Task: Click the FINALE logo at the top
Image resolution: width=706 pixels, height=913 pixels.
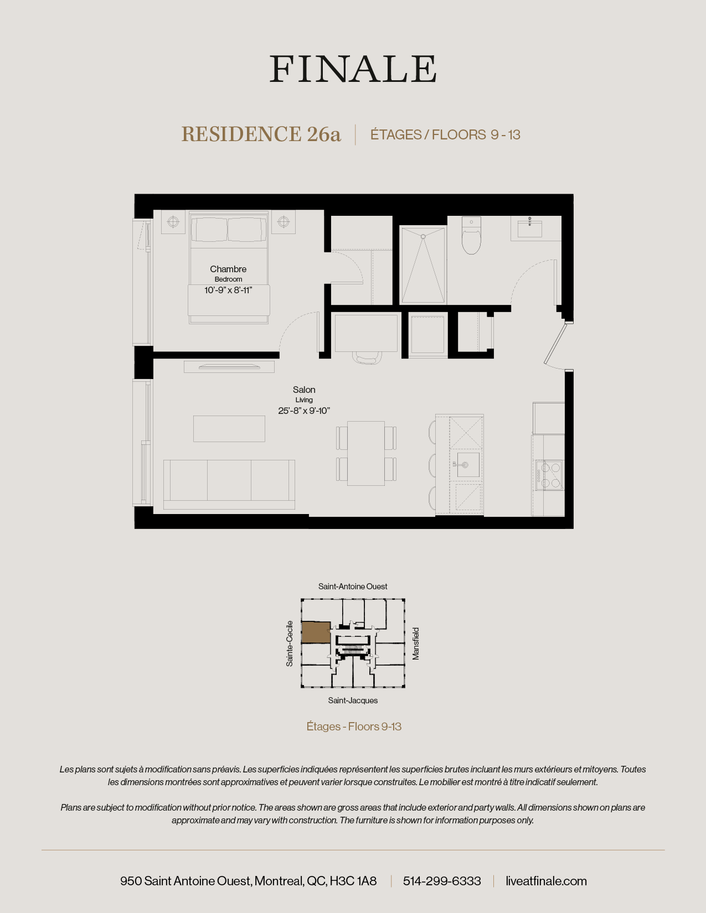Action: (x=353, y=69)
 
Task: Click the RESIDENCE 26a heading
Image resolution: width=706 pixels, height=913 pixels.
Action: (x=261, y=134)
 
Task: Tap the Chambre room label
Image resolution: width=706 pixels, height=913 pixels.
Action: (x=228, y=269)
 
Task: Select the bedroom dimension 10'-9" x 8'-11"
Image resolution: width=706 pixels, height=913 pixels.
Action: (x=228, y=290)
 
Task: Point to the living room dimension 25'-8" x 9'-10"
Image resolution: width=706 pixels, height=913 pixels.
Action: (x=304, y=411)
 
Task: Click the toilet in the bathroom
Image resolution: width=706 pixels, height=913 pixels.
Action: (x=471, y=238)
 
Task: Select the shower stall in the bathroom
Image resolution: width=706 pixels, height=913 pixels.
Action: (x=423, y=264)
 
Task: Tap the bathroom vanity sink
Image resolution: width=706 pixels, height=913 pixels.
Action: (x=529, y=228)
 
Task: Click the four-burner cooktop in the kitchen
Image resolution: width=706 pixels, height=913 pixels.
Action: (x=549, y=475)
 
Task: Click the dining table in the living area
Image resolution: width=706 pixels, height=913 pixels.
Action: (x=366, y=453)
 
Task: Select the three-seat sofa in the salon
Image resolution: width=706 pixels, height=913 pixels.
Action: (x=229, y=483)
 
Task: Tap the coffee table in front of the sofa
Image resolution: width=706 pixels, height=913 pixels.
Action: (x=229, y=428)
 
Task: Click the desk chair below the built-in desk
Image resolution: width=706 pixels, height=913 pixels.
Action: (x=366, y=358)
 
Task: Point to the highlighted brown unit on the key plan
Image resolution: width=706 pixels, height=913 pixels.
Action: (x=316, y=632)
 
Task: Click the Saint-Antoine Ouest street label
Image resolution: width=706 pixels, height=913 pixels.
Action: (x=353, y=587)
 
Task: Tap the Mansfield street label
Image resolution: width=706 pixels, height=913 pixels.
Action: (x=416, y=643)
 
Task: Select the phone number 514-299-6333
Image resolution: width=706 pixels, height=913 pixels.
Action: (x=442, y=881)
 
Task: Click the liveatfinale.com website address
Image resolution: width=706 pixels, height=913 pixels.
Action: (x=546, y=881)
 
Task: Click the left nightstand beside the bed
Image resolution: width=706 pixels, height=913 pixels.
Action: (x=173, y=222)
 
